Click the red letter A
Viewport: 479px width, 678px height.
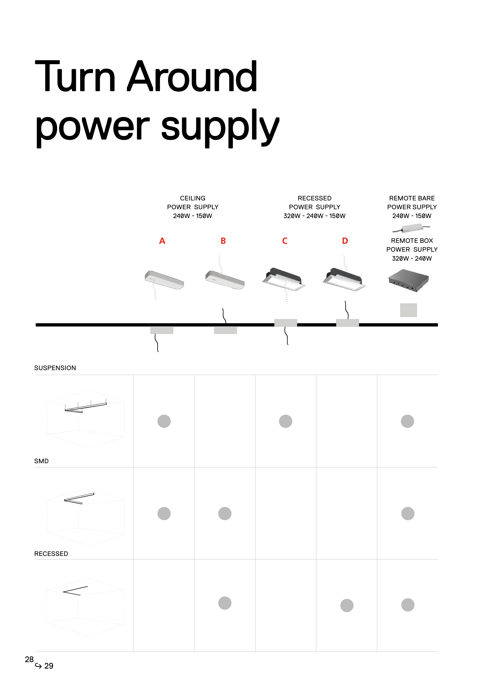[x=162, y=241]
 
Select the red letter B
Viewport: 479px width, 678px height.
[x=223, y=241]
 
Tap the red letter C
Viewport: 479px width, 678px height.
[x=285, y=241]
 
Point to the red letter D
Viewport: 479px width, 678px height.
[x=345, y=241]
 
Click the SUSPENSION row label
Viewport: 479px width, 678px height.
[x=55, y=368]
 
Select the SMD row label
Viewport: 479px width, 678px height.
[x=41, y=461]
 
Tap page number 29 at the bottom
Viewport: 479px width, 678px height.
[x=49, y=666]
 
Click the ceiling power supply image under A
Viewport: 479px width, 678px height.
[x=164, y=280]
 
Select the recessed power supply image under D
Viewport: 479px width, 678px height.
[x=344, y=279]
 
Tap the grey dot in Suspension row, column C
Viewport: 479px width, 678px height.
[x=285, y=421]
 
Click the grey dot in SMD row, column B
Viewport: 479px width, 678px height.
[x=225, y=513]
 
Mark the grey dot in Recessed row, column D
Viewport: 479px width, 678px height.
[x=347, y=605]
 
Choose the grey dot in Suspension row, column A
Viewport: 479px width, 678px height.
[x=164, y=421]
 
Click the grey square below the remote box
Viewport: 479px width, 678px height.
[x=408, y=310]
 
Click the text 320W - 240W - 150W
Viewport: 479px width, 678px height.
[x=314, y=216]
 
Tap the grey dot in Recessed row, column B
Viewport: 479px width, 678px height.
[x=225, y=603]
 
